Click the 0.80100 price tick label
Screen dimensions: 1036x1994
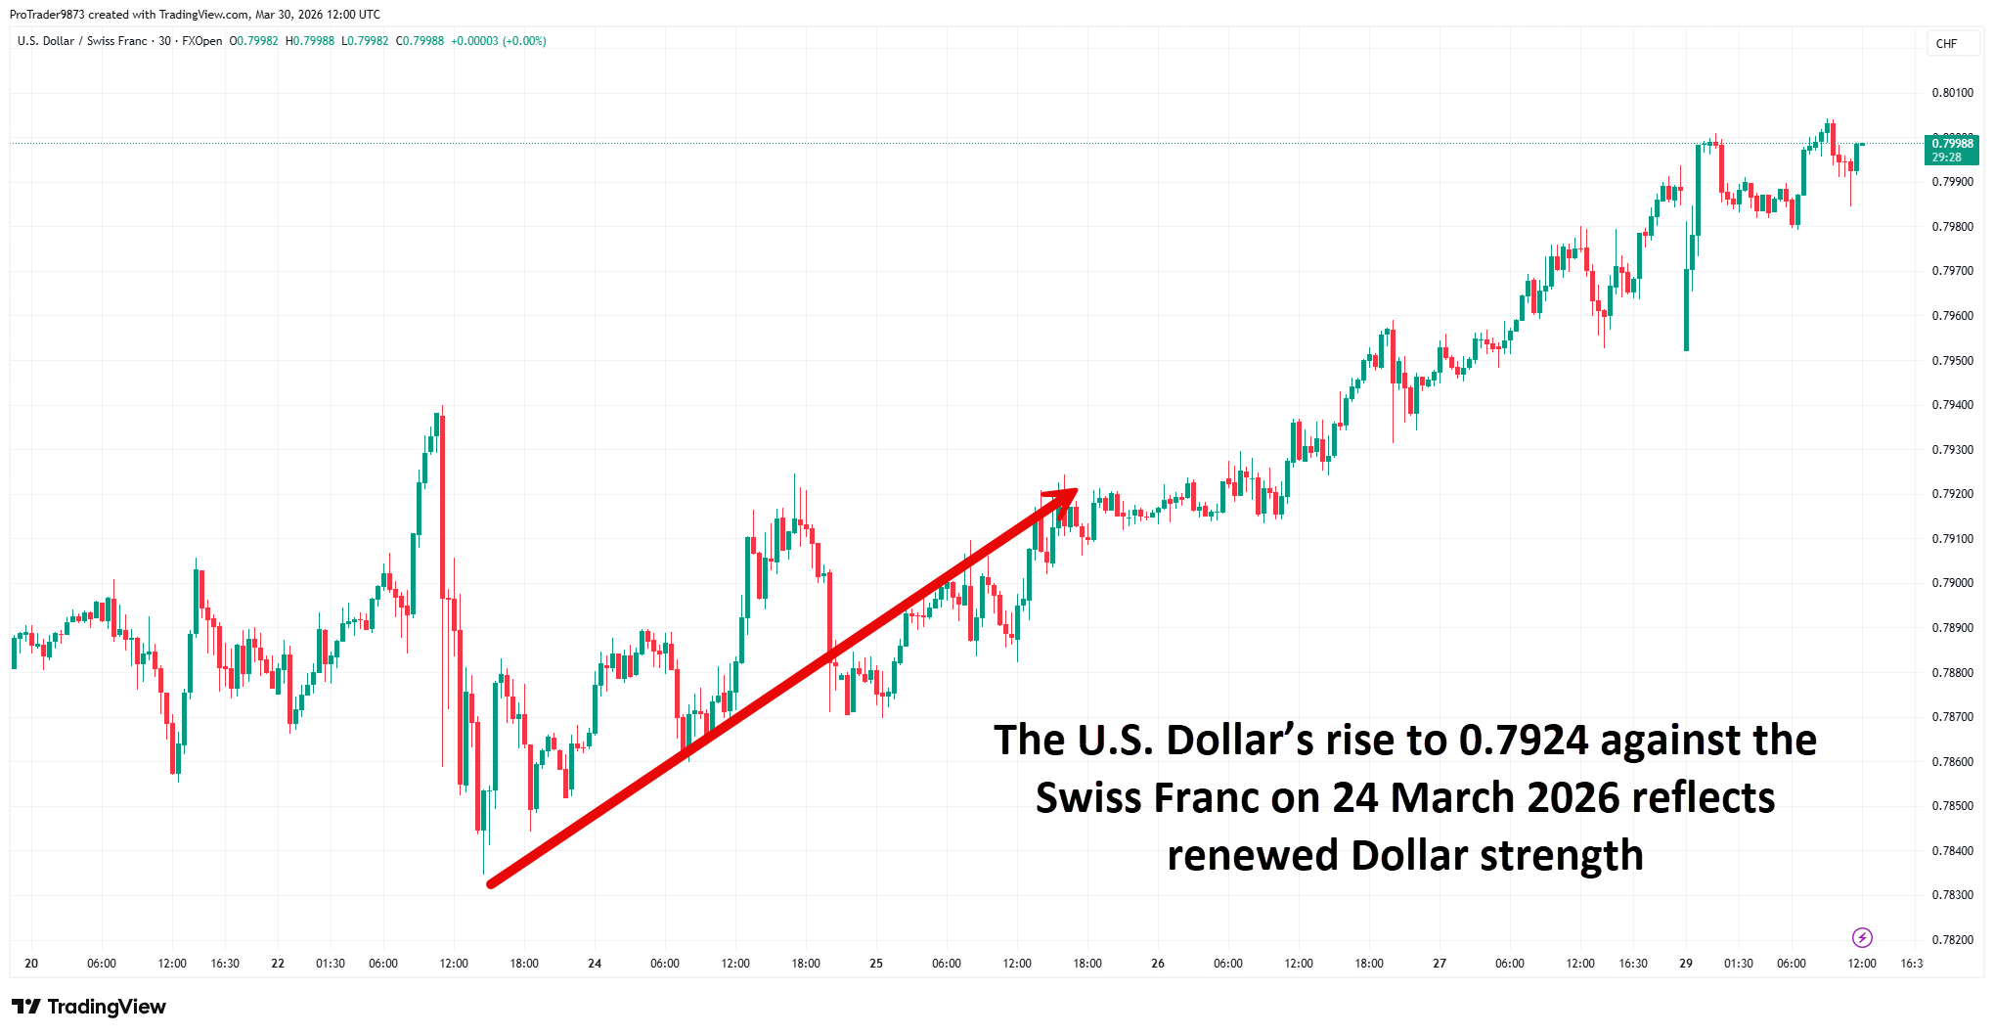[1952, 93]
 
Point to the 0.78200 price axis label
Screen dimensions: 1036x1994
[1952, 939]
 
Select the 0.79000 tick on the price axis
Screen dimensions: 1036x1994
[1952, 583]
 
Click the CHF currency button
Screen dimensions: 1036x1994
[1946, 44]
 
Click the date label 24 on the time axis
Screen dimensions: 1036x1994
[595, 964]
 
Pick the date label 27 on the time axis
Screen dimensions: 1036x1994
[1440, 964]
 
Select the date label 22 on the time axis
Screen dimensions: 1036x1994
[278, 964]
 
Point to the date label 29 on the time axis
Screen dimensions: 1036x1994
[1686, 964]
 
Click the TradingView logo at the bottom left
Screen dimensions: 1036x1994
[89, 1007]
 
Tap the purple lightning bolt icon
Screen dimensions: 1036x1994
[1862, 938]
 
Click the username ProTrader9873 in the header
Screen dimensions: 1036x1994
[47, 15]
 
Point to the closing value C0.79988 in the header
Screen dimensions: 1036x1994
[420, 41]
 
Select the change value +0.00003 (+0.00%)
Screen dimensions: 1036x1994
[498, 41]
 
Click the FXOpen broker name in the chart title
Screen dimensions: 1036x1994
[202, 41]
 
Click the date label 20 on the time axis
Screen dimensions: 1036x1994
[31, 964]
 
